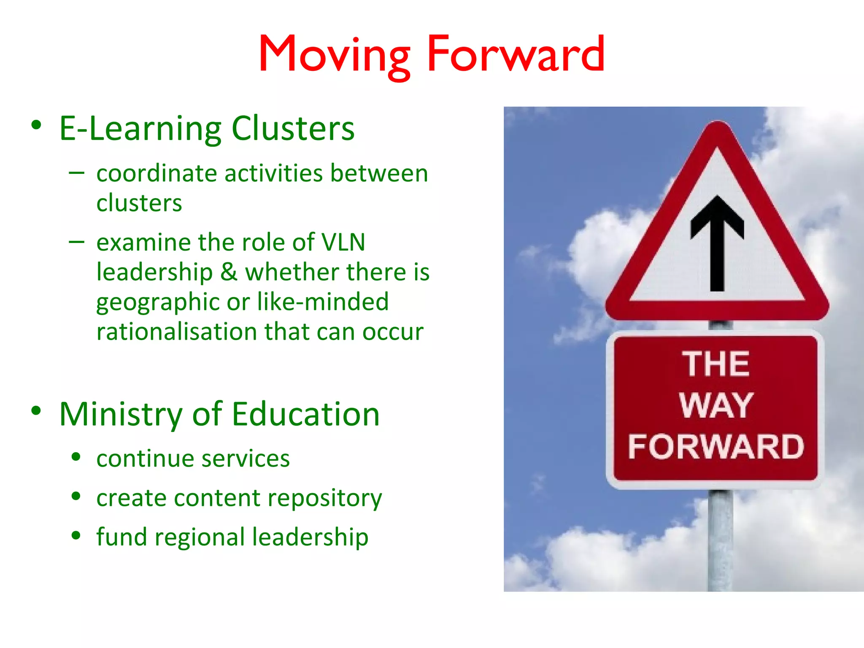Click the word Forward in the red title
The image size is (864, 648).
click(516, 55)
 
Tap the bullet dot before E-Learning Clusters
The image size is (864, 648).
click(36, 125)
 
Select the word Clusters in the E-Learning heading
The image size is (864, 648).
click(293, 129)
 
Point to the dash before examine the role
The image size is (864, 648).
click(76, 242)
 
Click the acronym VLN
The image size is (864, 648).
click(343, 243)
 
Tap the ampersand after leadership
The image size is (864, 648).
click(229, 272)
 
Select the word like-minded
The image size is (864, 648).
click(323, 302)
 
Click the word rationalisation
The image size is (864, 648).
click(176, 332)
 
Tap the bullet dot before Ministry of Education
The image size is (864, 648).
click(36, 410)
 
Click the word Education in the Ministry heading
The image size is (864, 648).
click(305, 414)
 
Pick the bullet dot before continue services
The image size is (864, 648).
click(76, 457)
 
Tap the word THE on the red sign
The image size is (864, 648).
click(716, 364)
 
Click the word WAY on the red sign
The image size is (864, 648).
click(716, 405)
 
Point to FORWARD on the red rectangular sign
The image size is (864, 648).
click(716, 447)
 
